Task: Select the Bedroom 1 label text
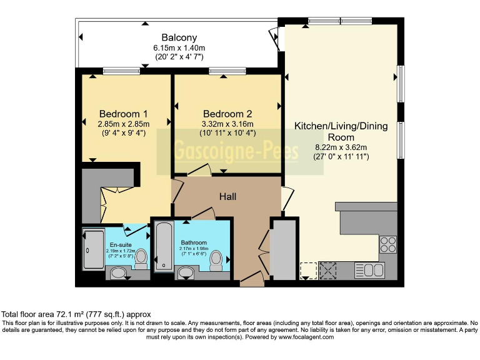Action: [123, 114]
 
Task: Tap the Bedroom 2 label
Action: [227, 114]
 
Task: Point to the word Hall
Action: [227, 196]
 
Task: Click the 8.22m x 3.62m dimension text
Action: [341, 147]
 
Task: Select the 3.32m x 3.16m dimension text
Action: [227, 124]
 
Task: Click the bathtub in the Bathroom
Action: [163, 246]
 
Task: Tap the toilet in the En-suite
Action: [141, 256]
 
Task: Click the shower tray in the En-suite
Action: [94, 250]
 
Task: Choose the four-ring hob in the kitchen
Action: [387, 242]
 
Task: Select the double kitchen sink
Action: [369, 271]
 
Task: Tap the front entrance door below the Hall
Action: [252, 279]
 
